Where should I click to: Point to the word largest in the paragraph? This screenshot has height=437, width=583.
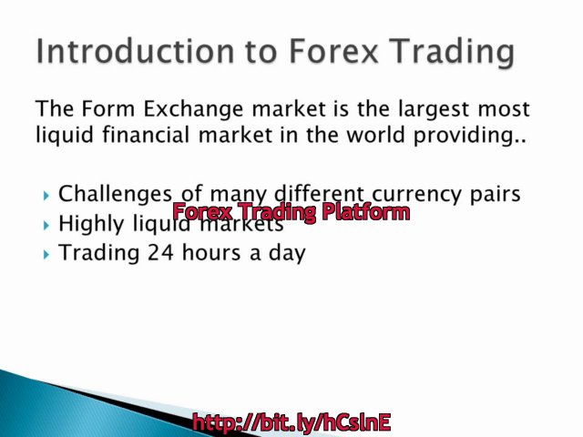[416, 111]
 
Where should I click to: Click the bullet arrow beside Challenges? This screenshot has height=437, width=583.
[46, 195]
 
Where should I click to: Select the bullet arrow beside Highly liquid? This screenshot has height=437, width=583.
[46, 225]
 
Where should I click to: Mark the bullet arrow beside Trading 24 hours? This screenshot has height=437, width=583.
[46, 255]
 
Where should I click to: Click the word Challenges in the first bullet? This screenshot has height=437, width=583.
[116, 194]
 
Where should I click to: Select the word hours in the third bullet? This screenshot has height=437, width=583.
[210, 253]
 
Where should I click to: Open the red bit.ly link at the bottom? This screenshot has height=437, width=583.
[291, 422]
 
